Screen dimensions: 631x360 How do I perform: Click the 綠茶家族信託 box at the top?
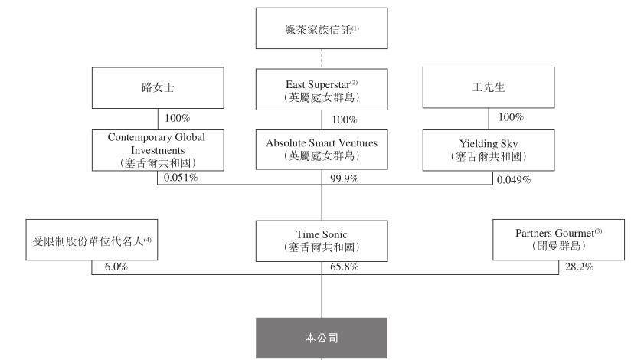point(322,28)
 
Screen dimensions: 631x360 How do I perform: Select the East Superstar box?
point(322,90)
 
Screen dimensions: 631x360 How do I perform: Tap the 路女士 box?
point(158,88)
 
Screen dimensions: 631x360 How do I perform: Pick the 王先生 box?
point(489,87)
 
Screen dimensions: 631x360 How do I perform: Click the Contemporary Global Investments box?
point(158,150)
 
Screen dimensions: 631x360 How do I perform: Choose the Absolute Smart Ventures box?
point(322,149)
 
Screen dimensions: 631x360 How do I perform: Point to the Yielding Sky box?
point(489,150)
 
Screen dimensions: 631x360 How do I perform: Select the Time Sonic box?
point(322,241)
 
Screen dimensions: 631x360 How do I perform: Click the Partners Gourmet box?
point(558,240)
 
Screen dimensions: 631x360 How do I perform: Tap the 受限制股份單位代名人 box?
point(92,240)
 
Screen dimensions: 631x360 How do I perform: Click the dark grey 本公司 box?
point(322,338)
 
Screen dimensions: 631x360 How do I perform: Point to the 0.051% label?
point(181,178)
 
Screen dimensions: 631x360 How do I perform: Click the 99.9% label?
point(344,178)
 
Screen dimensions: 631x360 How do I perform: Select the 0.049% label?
point(514,180)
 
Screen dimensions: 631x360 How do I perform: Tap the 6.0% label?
point(116,267)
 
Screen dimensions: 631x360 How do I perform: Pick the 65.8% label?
point(344,267)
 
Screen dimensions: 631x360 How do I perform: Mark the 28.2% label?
point(579,267)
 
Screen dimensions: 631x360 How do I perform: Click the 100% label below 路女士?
point(178,118)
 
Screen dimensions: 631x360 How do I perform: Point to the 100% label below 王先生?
point(511,117)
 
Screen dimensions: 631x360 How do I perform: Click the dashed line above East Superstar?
point(322,59)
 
